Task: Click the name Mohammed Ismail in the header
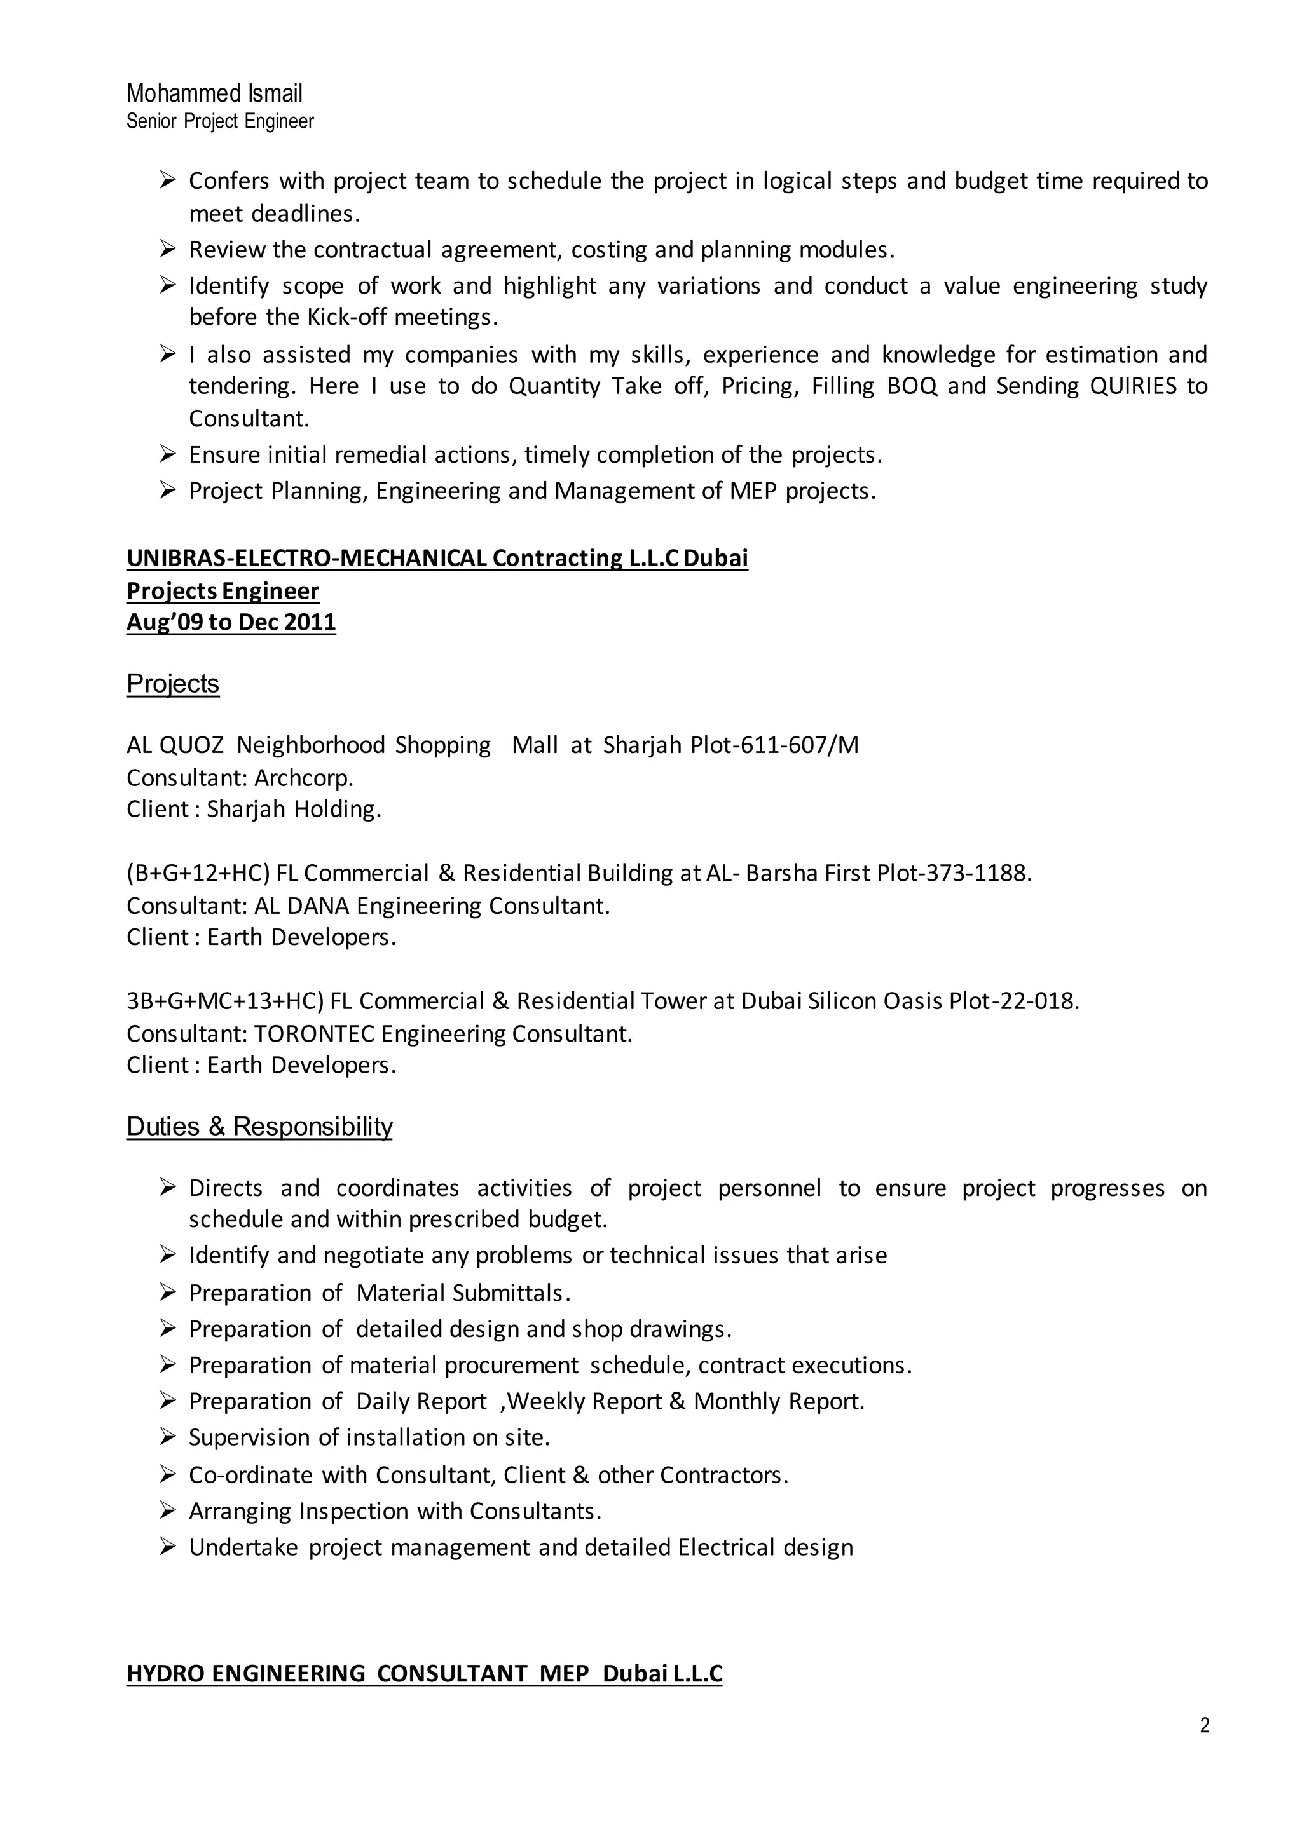[x=214, y=94]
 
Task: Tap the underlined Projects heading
[x=172, y=684]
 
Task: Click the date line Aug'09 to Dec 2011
[x=231, y=623]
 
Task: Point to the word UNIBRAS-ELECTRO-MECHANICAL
[x=306, y=558]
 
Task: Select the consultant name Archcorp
[x=304, y=777]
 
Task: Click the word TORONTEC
[x=314, y=1034]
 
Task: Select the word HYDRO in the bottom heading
[x=165, y=1673]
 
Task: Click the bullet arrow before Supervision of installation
[x=168, y=1437]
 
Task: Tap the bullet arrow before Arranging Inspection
[x=168, y=1510]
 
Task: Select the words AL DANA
[x=301, y=906]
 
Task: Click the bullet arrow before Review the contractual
[x=168, y=249]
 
